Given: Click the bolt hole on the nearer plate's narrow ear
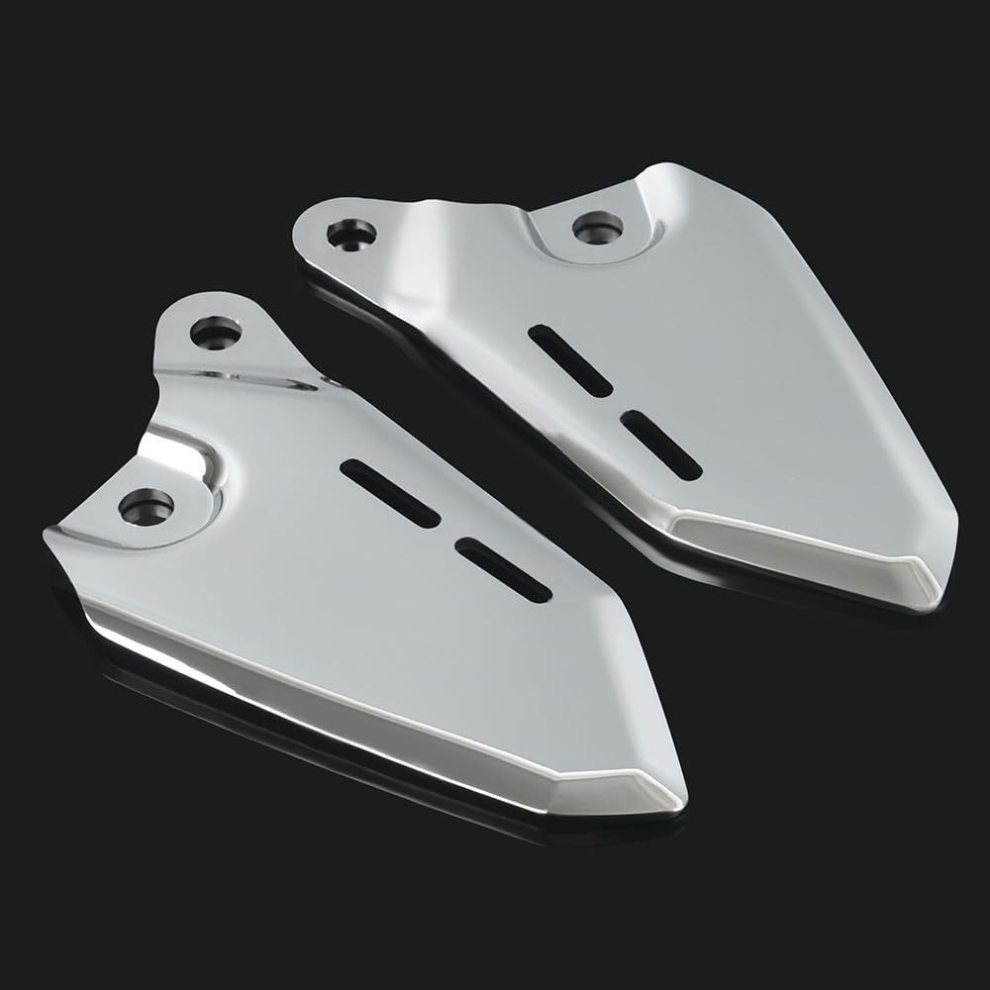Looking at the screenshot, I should (x=215, y=333).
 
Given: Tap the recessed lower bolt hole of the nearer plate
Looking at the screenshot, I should (x=146, y=507).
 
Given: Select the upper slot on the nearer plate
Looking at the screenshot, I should (x=389, y=493).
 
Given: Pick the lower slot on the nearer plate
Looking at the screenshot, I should (x=504, y=570).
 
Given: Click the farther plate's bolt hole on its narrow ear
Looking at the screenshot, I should (x=351, y=234).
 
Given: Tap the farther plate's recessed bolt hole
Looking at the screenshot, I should (x=598, y=227).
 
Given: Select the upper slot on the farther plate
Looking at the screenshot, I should (x=570, y=360).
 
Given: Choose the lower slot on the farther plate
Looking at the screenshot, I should (x=661, y=445).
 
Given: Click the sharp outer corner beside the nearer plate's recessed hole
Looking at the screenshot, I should (x=47, y=535).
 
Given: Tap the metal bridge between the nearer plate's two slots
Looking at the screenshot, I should (x=448, y=533).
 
